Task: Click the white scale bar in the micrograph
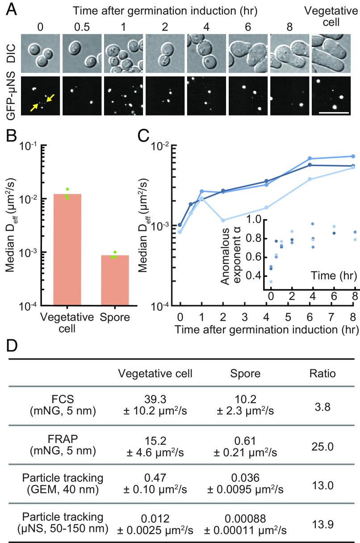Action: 333,113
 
